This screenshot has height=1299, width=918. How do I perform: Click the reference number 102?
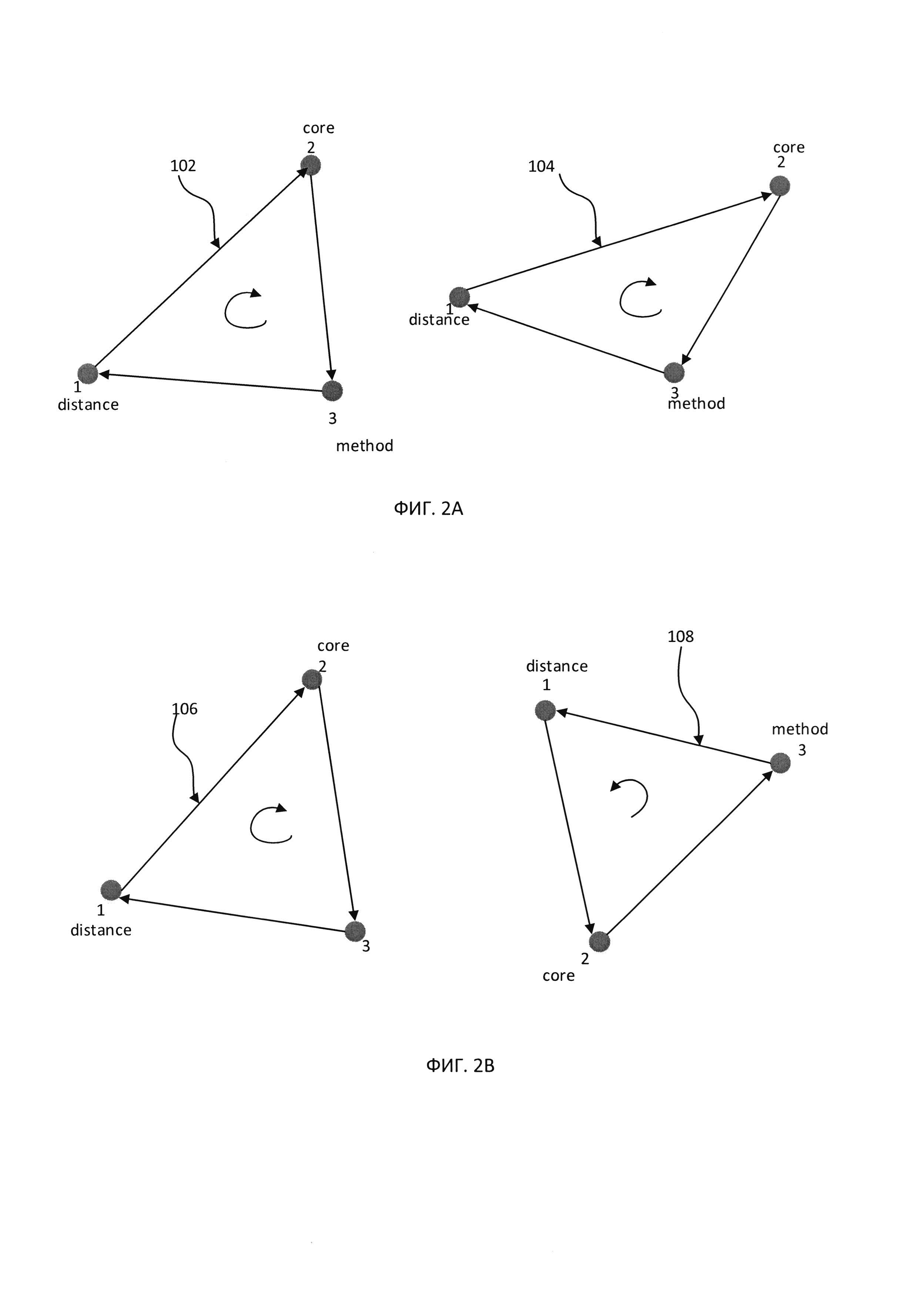pos(183,166)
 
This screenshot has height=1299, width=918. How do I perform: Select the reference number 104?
pos(541,166)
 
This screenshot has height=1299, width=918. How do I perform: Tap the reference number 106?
pos(185,709)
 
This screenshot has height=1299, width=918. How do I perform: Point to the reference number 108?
pos(681,636)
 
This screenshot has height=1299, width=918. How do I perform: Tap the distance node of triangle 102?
pos(88,373)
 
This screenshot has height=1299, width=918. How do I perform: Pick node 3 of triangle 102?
pos(332,390)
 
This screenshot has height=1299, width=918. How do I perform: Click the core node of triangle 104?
pos(780,186)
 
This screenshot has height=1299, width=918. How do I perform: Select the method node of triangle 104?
pos(674,372)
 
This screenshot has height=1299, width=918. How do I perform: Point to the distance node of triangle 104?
pos(460,297)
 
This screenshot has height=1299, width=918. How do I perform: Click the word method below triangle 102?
pos(365,446)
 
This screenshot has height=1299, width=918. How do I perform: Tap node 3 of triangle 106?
pos(355,931)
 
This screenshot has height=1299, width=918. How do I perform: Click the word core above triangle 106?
pos(333,646)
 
